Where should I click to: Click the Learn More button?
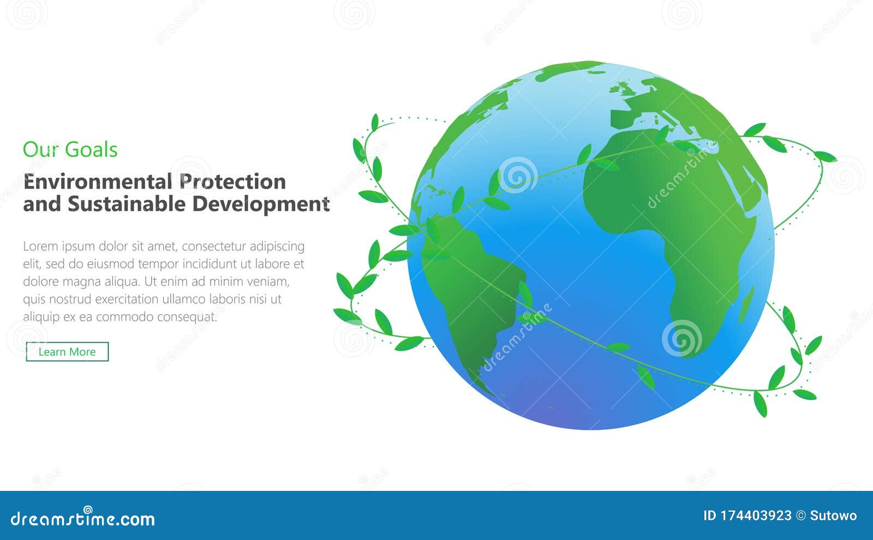[x=67, y=352]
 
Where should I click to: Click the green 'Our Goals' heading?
[x=70, y=149]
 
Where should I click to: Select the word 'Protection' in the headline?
[x=232, y=182]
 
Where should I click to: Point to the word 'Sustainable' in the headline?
[x=127, y=204]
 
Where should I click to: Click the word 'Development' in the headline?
[x=261, y=204]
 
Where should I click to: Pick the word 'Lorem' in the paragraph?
[x=40, y=246]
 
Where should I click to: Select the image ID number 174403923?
[x=756, y=515]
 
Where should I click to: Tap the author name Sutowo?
[x=833, y=515]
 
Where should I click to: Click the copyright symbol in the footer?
[x=800, y=515]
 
